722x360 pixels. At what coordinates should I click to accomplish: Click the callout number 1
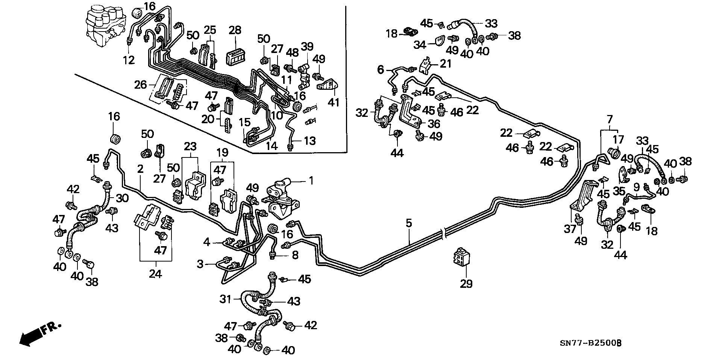(311, 181)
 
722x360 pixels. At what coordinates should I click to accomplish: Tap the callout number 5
(409, 223)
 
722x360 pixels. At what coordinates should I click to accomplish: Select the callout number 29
(466, 283)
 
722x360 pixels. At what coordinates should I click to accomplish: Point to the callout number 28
(235, 30)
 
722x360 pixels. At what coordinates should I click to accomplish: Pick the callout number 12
(129, 60)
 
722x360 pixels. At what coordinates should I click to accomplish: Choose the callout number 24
(155, 274)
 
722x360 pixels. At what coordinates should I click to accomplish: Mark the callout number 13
(309, 141)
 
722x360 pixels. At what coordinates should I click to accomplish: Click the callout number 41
(334, 102)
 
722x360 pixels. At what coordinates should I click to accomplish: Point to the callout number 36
(434, 124)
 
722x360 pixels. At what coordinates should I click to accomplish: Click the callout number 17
(619, 140)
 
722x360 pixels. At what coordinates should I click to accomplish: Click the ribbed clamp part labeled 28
(235, 57)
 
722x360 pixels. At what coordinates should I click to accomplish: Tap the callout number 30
(122, 198)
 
